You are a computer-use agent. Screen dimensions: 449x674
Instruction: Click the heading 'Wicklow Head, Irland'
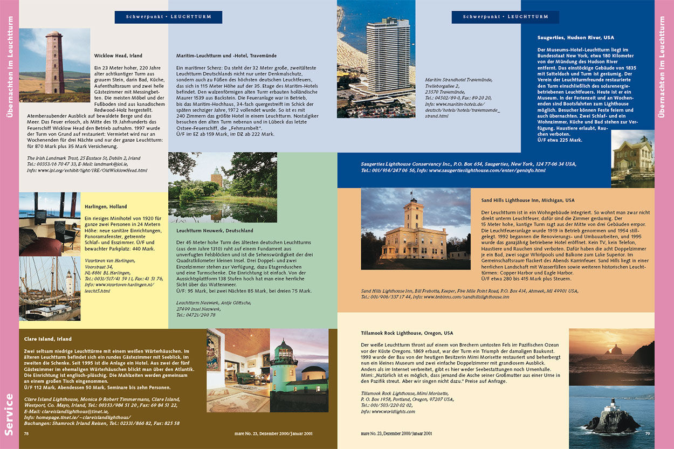pyautogui.click(x=118, y=56)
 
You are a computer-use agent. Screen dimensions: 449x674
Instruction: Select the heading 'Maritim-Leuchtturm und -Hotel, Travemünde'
pyautogui.click(x=226, y=56)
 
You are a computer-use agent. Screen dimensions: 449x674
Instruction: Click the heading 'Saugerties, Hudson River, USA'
pyautogui.click(x=575, y=38)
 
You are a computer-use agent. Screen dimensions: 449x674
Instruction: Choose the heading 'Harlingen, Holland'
pyautogui.click(x=106, y=206)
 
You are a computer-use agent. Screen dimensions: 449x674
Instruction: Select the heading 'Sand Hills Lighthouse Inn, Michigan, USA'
pyautogui.click(x=528, y=201)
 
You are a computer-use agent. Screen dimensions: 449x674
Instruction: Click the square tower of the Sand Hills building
pyautogui.click(x=414, y=213)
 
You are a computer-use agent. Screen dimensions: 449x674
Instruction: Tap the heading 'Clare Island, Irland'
pyautogui.click(x=47, y=339)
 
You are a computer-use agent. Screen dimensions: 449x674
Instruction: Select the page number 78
pyautogui.click(x=26, y=433)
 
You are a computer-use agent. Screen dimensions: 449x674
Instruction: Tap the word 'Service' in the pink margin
pyautogui.click(x=9, y=414)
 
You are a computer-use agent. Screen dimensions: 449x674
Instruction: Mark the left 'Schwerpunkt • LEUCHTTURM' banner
pyautogui.click(x=168, y=17)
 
